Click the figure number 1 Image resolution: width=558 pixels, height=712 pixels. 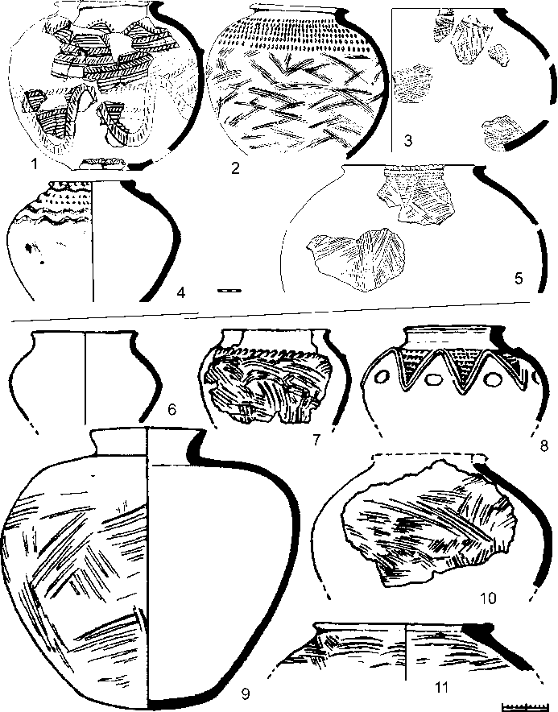click(33, 164)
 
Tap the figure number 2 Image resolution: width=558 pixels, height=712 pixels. click(235, 169)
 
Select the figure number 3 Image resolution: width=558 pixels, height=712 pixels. click(408, 141)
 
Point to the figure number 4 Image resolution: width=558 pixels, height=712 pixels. click(180, 293)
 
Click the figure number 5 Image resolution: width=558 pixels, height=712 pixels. click(519, 278)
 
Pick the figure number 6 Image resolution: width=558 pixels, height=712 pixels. click(172, 410)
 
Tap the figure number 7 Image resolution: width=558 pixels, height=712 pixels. click(316, 439)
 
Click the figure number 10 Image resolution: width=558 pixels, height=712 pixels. click(489, 598)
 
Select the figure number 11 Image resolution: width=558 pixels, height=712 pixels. click(441, 688)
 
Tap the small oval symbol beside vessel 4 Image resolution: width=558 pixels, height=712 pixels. click(229, 290)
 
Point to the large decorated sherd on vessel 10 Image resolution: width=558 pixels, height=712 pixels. click(430, 524)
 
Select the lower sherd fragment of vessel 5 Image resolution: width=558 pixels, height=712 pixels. click(356, 259)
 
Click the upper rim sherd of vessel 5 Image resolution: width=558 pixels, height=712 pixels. click(415, 195)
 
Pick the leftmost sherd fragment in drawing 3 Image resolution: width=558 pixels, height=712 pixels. click(413, 84)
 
